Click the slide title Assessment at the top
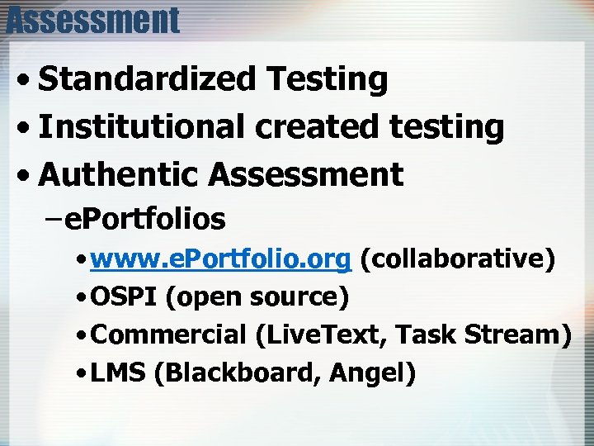click(92, 19)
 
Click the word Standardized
click(148, 80)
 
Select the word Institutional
click(141, 127)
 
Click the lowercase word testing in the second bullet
click(446, 127)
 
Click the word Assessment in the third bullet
click(306, 174)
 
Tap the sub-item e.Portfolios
click(145, 219)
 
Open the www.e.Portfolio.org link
click(222, 259)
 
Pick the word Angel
click(372, 373)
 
